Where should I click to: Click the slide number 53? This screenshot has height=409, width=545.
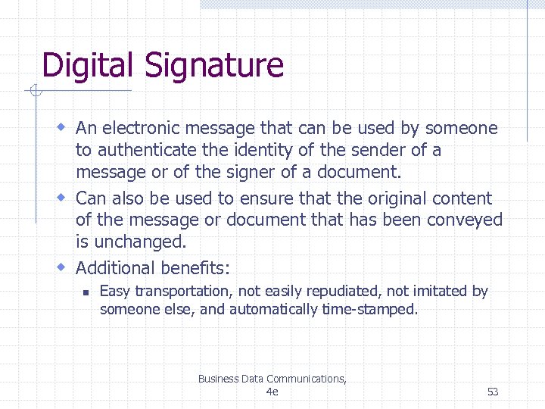493,392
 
